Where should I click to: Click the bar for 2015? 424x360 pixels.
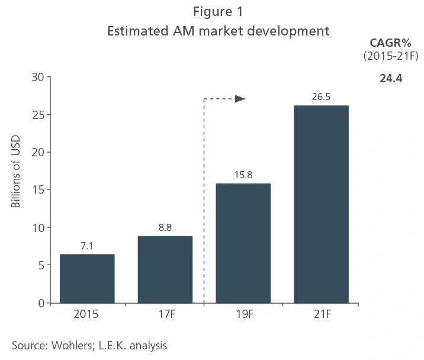pos(87,278)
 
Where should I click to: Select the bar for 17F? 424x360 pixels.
pos(165,269)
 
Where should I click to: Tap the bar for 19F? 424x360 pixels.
pos(243,243)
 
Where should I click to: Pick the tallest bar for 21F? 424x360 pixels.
pos(321,204)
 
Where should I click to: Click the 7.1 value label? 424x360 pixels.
pos(87,246)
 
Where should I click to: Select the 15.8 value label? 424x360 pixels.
pos(243,175)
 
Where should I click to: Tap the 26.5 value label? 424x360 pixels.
pos(321,97)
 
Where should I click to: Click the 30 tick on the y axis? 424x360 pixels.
pos(38,77)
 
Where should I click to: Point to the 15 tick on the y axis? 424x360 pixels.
pos(38,190)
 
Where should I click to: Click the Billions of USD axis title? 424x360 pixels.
pos(16,172)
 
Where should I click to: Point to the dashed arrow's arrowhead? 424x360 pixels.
pos(240,99)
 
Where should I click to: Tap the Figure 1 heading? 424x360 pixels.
pos(218,11)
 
